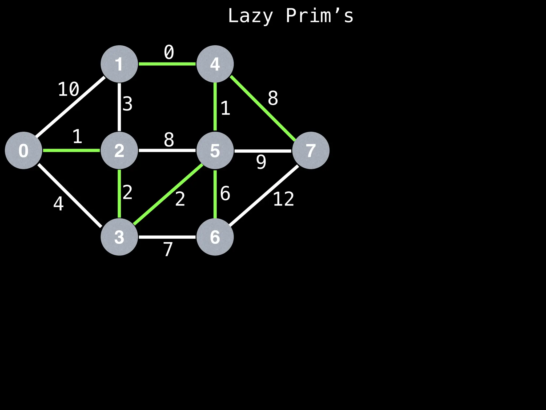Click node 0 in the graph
(23, 150)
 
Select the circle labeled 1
(119, 64)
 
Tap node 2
(119, 150)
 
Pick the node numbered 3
(119, 237)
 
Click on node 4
(215, 64)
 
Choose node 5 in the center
(215, 150)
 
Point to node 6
(215, 237)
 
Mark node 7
(311, 150)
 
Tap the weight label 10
(69, 89)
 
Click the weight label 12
(283, 199)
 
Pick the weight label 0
(169, 52)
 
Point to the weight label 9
(261, 162)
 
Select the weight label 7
(168, 249)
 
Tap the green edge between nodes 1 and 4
(167, 64)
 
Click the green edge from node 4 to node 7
(263, 108)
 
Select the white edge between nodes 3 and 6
(167, 237)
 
